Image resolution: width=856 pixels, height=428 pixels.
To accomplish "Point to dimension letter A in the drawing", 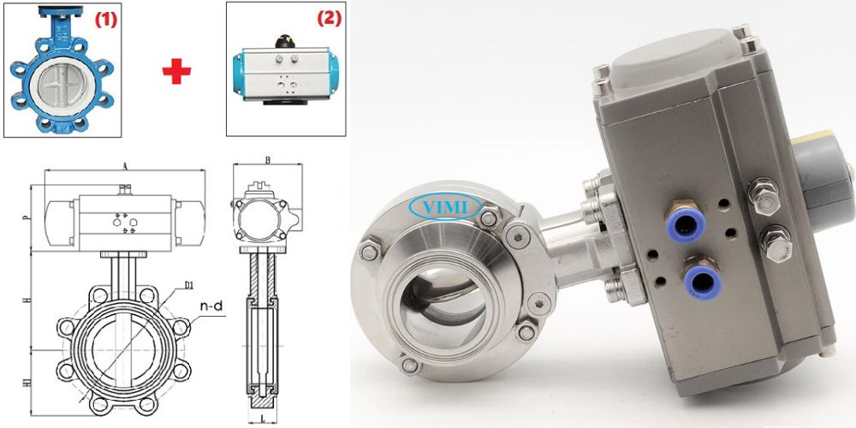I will tap(125, 164).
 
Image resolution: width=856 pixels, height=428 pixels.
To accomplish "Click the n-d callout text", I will tap(211, 306).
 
